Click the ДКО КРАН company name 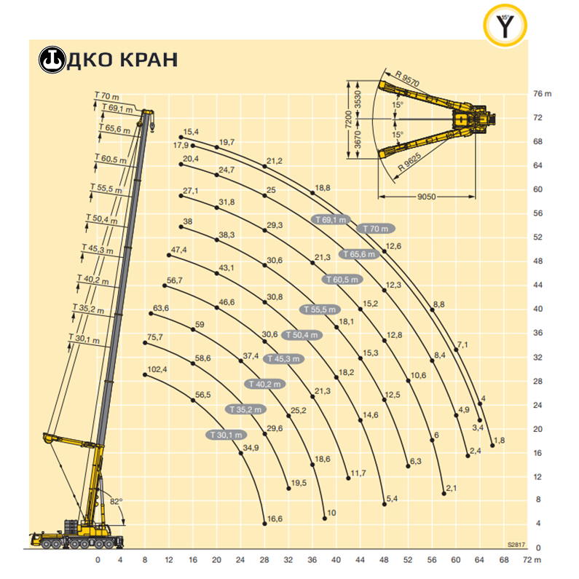click(122, 60)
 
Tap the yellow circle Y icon click(505, 25)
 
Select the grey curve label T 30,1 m click(226, 435)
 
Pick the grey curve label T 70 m click(376, 229)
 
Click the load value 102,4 click(157, 369)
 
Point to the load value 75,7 click(154, 337)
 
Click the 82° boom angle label click(116, 502)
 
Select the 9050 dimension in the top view click(427, 197)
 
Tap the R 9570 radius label click(407, 78)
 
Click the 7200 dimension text click(348, 119)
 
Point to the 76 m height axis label click(542, 94)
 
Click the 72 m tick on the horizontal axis click(532, 560)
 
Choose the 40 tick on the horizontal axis click(336, 560)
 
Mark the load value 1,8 click(499, 440)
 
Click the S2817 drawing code click(516, 545)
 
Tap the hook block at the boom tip click(151, 126)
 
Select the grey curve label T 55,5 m click(320, 310)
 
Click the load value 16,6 click(275, 519)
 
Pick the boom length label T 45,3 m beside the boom click(98, 249)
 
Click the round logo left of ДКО click(52, 60)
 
